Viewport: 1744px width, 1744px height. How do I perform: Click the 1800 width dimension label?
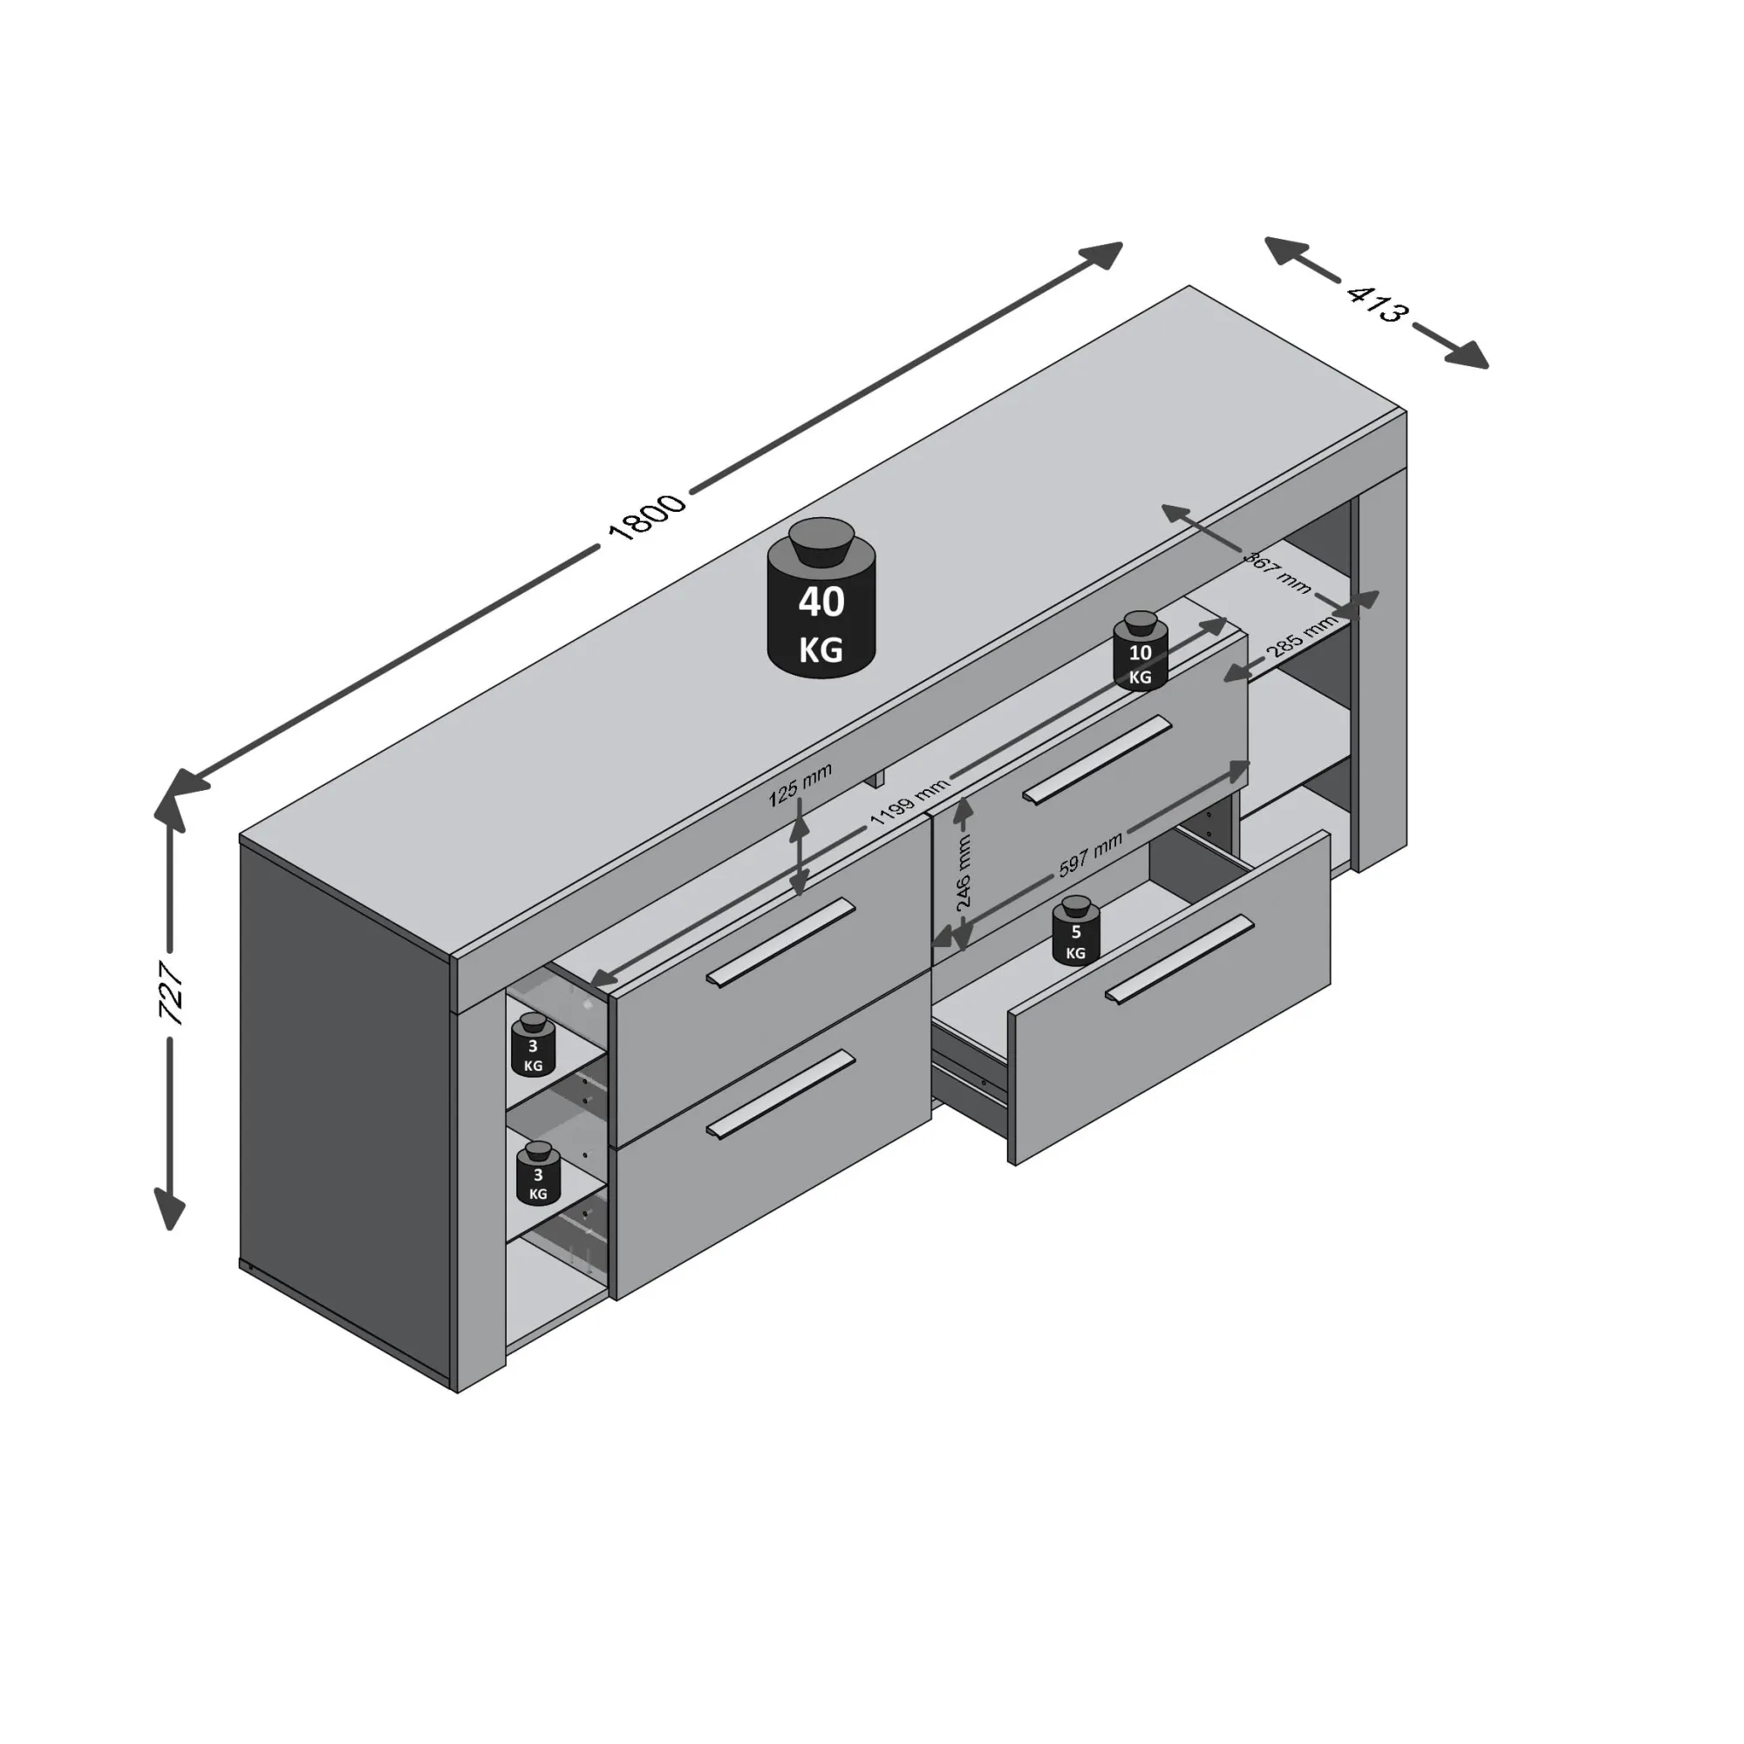coord(647,517)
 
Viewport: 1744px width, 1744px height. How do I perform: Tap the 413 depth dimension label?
coord(1377,303)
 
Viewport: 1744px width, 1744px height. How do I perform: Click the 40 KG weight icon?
coord(821,597)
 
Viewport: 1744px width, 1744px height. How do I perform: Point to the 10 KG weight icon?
coord(1140,651)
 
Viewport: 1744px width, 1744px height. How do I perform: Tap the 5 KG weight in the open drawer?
coord(1075,931)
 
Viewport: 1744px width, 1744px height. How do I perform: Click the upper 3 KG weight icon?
coord(533,1046)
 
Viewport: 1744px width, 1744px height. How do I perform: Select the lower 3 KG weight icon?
coord(538,1174)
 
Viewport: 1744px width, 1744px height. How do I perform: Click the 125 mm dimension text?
coord(800,785)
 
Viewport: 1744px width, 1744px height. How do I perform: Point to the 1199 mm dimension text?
coord(909,801)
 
